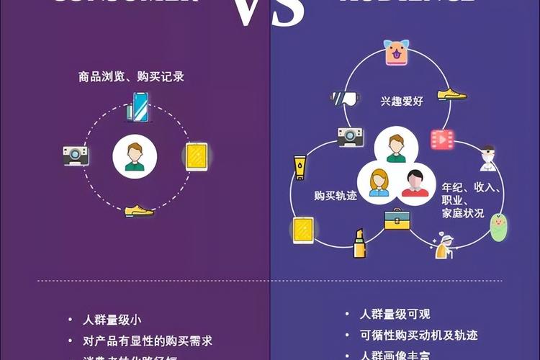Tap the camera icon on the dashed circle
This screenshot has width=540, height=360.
76,155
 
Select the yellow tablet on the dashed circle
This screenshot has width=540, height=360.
196,156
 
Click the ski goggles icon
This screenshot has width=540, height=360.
344,99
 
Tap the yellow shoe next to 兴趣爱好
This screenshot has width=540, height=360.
451,94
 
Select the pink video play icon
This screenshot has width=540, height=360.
438,138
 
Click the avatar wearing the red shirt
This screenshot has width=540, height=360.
413,182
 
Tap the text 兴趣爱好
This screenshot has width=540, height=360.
402,101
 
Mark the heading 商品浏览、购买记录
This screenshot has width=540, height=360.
132,76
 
